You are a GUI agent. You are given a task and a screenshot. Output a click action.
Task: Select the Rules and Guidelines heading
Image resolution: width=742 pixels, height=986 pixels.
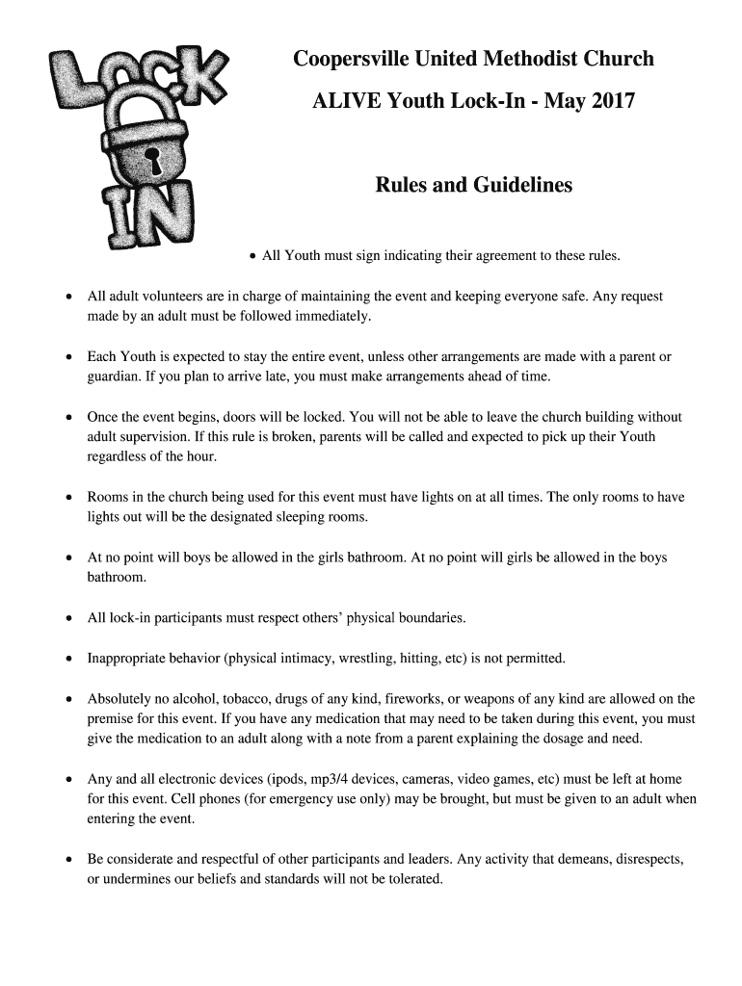473,185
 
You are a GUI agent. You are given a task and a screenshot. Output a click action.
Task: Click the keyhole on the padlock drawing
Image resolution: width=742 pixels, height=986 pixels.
150,158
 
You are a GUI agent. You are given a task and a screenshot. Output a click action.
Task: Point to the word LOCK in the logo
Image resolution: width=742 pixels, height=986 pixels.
135,82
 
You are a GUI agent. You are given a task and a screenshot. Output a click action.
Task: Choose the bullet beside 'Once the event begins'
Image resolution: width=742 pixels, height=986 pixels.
67,418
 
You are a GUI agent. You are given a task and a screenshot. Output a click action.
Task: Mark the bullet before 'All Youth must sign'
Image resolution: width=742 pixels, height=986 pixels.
252,256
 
